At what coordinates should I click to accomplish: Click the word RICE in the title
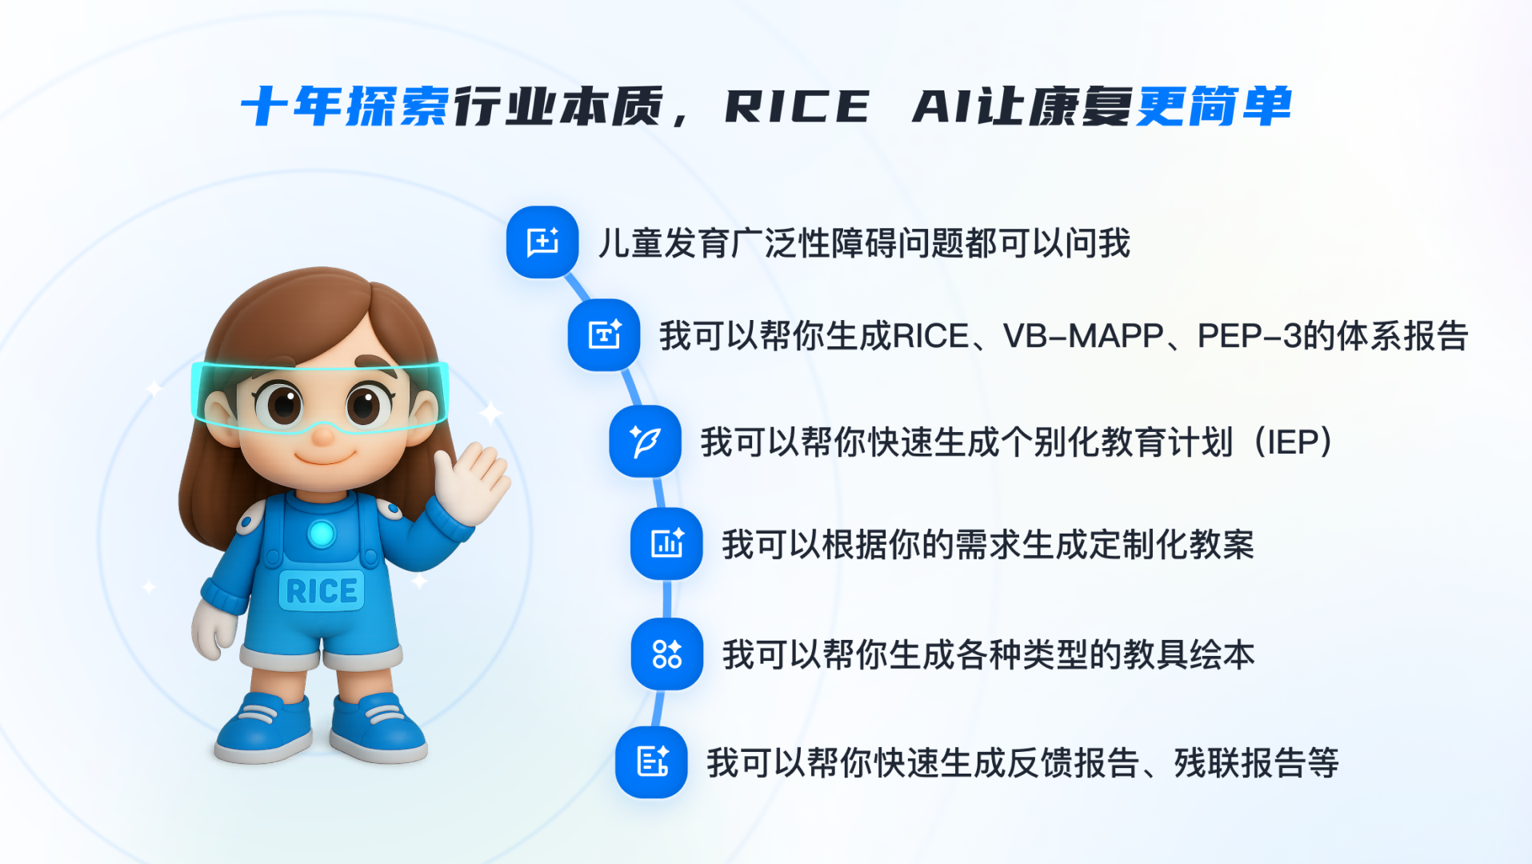coord(797,107)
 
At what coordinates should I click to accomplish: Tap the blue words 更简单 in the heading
coord(1214,106)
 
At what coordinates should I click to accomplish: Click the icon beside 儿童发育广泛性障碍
coord(542,242)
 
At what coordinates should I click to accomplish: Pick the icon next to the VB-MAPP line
coord(604,335)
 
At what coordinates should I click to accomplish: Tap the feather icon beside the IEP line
coord(645,442)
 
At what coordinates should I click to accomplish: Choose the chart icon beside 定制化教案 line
coord(666,544)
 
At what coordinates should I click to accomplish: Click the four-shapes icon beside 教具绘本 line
coord(666,654)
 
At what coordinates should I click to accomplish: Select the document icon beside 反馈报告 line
coord(651,762)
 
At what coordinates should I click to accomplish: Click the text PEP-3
coord(1250,336)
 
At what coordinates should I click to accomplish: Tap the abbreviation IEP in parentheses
coord(1293,442)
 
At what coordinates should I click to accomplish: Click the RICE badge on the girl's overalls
coord(322,591)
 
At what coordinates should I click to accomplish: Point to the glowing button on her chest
coord(322,534)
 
